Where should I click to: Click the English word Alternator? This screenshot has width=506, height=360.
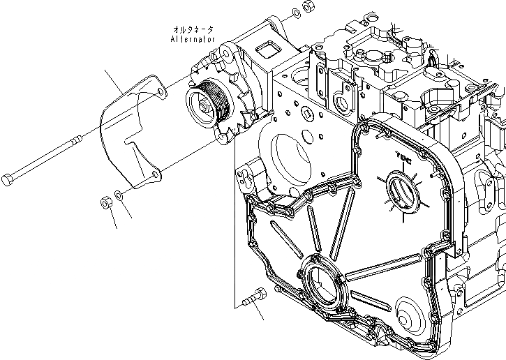pos(193,39)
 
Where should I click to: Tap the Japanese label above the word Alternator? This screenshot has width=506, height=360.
pos(194,29)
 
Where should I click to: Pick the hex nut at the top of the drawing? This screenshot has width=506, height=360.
pos(306,7)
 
